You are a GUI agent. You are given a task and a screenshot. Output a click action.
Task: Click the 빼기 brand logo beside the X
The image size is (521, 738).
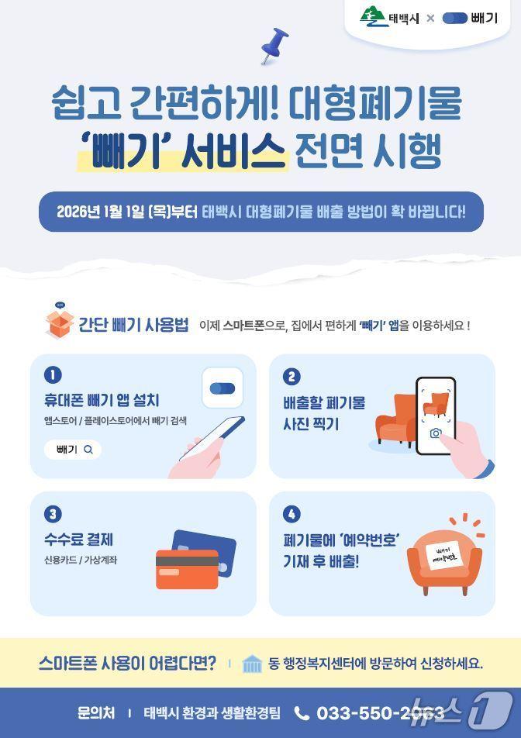(470, 18)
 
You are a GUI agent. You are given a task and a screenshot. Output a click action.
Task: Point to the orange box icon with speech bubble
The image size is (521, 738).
(59, 322)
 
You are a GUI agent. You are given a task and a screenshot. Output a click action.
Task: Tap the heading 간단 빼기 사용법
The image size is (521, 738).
(133, 325)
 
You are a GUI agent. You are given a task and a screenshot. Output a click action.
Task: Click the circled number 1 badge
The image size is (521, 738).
(53, 375)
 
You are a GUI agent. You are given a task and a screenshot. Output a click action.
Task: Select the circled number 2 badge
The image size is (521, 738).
(292, 377)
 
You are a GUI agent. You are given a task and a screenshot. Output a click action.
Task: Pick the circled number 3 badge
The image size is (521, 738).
(53, 513)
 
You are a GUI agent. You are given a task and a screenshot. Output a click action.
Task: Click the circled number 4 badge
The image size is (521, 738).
(292, 513)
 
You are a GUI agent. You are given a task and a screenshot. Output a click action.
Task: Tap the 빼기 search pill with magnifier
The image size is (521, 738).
(73, 449)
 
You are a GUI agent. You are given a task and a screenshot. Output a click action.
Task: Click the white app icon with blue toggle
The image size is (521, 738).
(223, 388)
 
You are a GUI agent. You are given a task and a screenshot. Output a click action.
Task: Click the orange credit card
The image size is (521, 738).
(187, 569)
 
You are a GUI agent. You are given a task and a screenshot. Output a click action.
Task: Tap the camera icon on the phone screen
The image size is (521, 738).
(436, 433)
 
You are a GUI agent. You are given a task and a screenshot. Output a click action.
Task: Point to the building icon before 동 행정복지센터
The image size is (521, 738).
(253, 664)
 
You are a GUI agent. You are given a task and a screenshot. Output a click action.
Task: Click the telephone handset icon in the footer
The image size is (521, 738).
(302, 712)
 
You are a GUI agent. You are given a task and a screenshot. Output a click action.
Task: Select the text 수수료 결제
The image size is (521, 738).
(79, 540)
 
